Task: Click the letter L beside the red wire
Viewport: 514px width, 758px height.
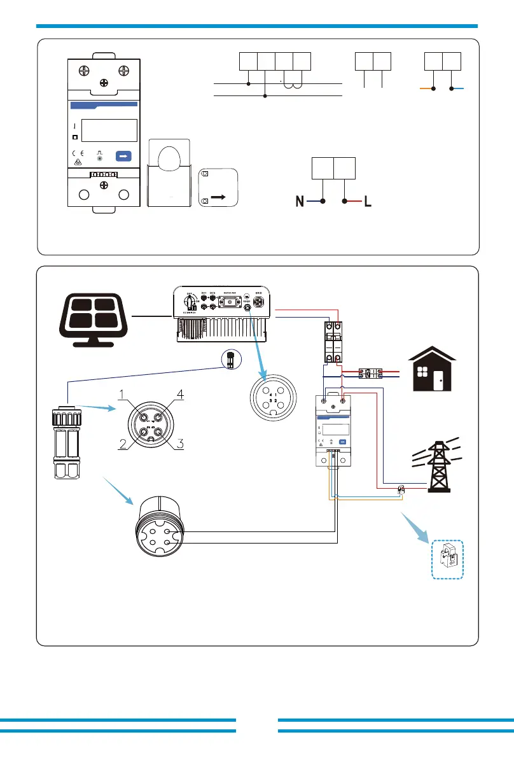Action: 367,202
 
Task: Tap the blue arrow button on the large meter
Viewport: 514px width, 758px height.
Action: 125,155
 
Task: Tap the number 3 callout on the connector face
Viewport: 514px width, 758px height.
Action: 181,445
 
